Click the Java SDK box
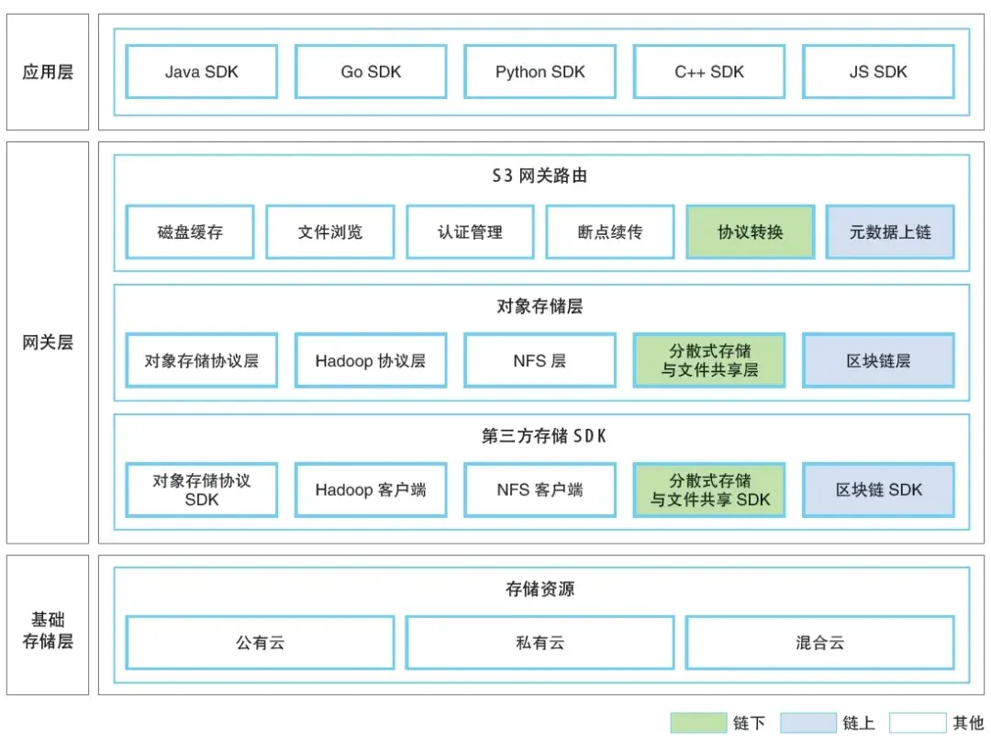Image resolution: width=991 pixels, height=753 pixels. tap(201, 72)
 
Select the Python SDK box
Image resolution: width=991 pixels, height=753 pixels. tap(540, 72)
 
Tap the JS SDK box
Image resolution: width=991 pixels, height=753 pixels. tap(878, 72)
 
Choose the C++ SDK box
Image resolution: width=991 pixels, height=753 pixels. tap(709, 72)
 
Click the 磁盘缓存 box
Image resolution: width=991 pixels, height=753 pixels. tap(190, 232)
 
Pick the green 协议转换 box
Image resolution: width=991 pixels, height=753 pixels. tap(750, 232)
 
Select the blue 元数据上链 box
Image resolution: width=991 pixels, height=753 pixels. tap(890, 232)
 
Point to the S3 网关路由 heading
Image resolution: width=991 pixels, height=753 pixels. tap(540, 175)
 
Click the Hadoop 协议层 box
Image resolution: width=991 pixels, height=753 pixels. tap(371, 361)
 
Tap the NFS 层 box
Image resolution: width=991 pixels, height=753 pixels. tap(540, 361)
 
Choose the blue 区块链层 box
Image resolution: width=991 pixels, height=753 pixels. tap(878, 361)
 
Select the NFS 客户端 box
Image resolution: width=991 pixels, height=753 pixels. tap(540, 489)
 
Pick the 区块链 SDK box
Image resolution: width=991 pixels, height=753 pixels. tap(878, 489)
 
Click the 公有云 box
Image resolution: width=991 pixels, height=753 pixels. tap(260, 643)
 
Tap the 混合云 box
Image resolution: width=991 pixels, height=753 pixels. tap(819, 643)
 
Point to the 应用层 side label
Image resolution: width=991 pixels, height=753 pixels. tap(48, 72)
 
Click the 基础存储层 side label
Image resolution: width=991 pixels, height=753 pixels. tap(48, 630)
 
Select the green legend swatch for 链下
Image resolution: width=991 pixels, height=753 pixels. tap(697, 723)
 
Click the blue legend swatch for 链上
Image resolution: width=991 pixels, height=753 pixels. tap(808, 723)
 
